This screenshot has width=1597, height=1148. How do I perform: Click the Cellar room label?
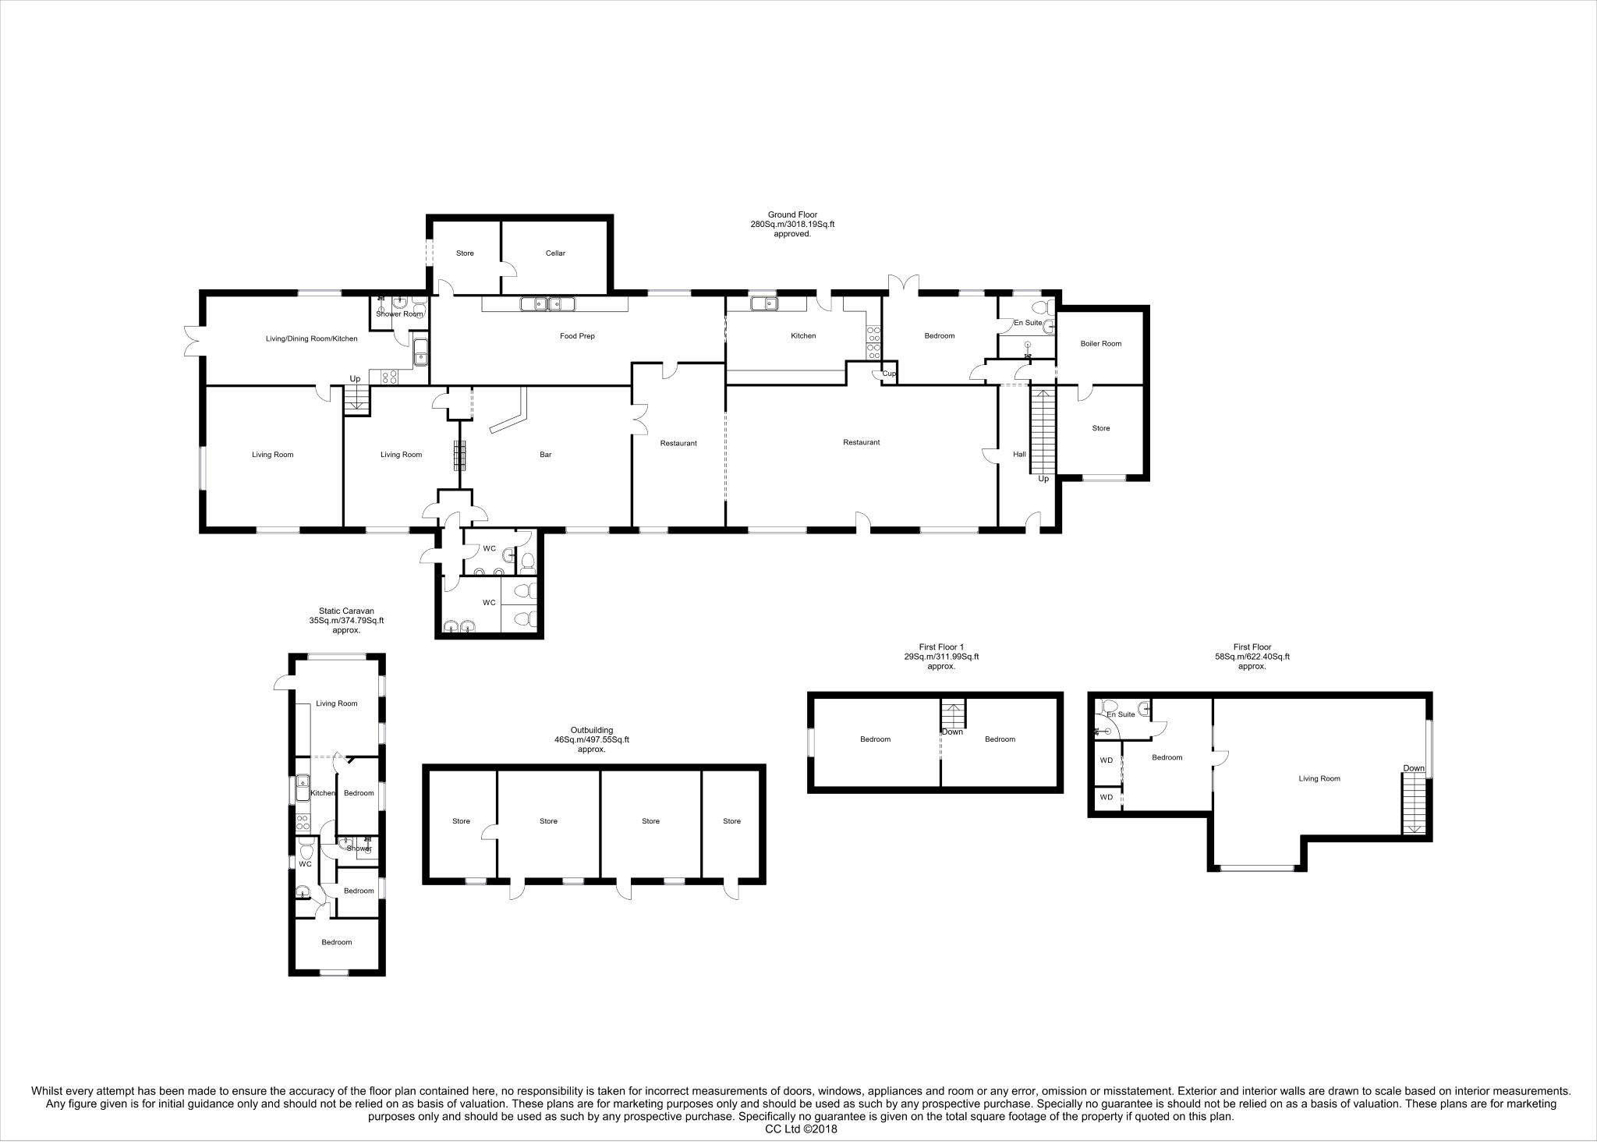click(x=555, y=253)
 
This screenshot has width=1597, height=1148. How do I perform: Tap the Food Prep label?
click(x=577, y=336)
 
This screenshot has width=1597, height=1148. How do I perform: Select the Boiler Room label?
click(x=1100, y=343)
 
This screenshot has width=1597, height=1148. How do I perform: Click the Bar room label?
click(x=546, y=455)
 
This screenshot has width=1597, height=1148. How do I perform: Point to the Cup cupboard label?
click(x=889, y=374)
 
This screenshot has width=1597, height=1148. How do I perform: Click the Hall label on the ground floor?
click(x=1019, y=454)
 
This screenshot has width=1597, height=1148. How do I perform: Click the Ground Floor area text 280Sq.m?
click(x=791, y=224)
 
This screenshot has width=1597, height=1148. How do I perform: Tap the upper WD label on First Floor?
click(x=1106, y=760)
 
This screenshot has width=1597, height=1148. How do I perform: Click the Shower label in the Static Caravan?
click(x=359, y=849)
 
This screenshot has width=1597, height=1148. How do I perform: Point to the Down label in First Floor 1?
click(x=952, y=732)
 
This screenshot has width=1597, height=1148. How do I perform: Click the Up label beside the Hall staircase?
click(x=1043, y=479)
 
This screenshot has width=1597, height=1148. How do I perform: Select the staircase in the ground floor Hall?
click(x=1042, y=430)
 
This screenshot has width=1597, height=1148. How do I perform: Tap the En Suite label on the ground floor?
click(x=1027, y=322)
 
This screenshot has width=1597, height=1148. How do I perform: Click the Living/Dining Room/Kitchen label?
click(x=311, y=339)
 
